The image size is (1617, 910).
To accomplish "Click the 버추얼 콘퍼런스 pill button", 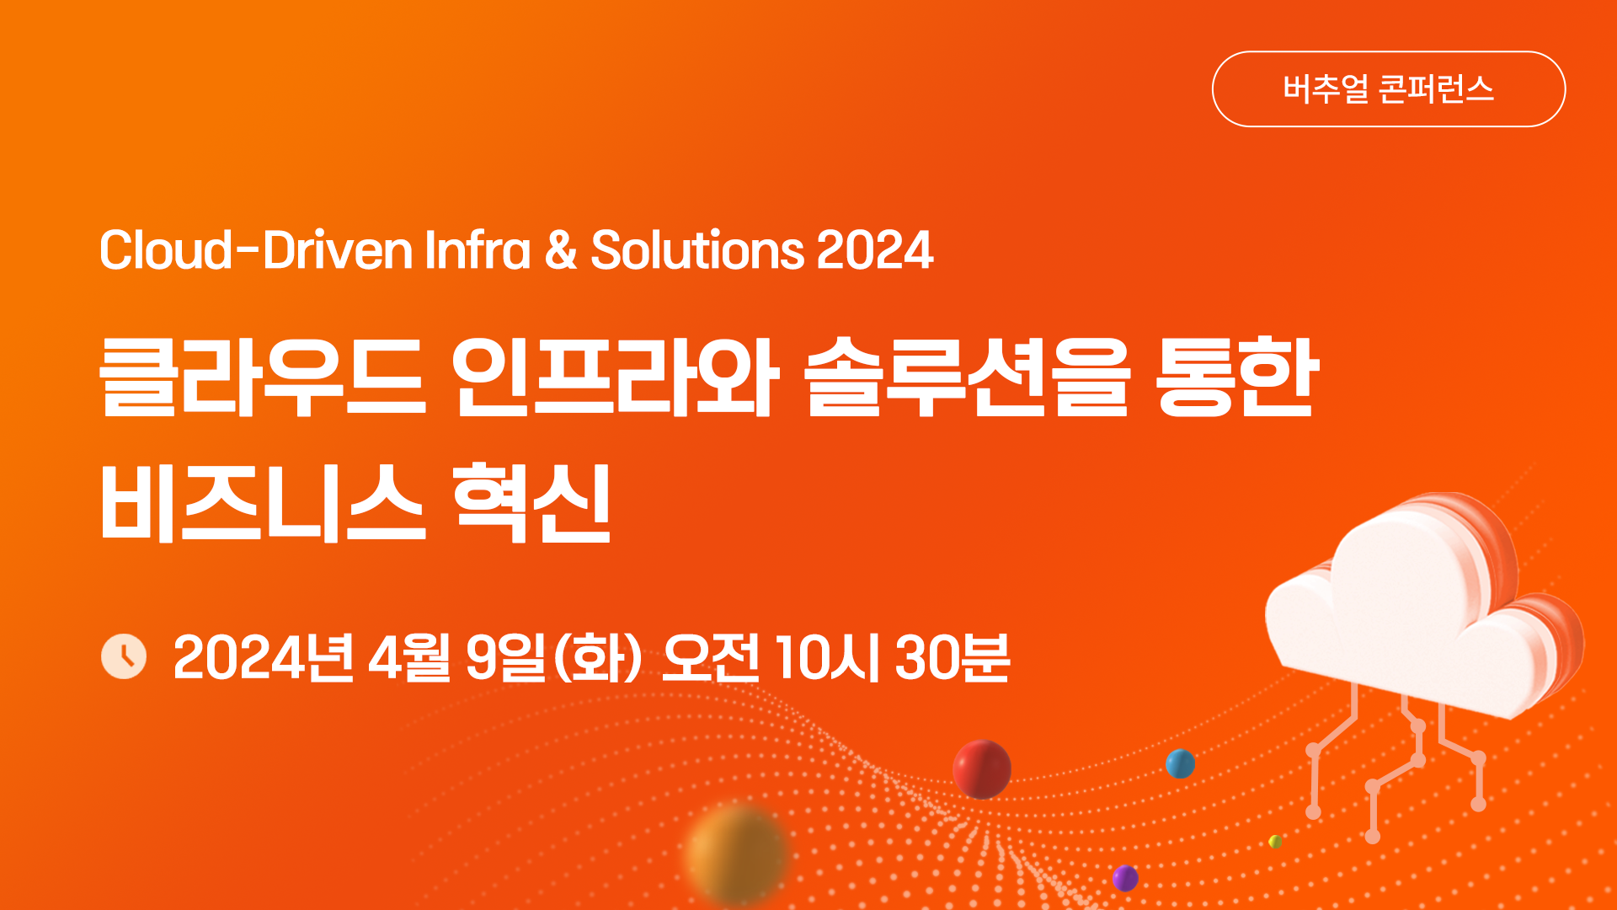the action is point(1388,89).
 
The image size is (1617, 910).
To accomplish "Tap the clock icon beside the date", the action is point(124,656).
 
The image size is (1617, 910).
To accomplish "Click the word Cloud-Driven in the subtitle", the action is point(256,250).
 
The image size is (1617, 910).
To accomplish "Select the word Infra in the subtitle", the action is point(478,250).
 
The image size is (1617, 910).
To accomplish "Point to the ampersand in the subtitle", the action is point(561,250).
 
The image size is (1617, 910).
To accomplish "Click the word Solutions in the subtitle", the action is point(697,250).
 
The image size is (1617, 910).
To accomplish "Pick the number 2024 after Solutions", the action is point(875,250).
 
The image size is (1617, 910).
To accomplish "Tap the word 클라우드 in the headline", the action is point(263,377).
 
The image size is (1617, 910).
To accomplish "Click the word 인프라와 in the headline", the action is point(616,377).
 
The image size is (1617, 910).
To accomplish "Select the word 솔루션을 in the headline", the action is point(967,377).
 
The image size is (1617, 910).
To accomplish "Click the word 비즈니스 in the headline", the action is point(263,502).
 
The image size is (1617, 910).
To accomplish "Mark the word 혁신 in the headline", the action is point(531,502).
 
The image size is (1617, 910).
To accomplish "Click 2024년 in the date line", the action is point(264,657).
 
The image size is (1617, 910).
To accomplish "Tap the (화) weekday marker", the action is point(598,657).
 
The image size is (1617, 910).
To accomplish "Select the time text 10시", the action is point(828,657).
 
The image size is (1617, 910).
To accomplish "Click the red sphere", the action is point(982,769).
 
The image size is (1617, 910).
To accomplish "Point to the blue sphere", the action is point(1180,764).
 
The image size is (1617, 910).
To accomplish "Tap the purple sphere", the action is point(1125,878).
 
